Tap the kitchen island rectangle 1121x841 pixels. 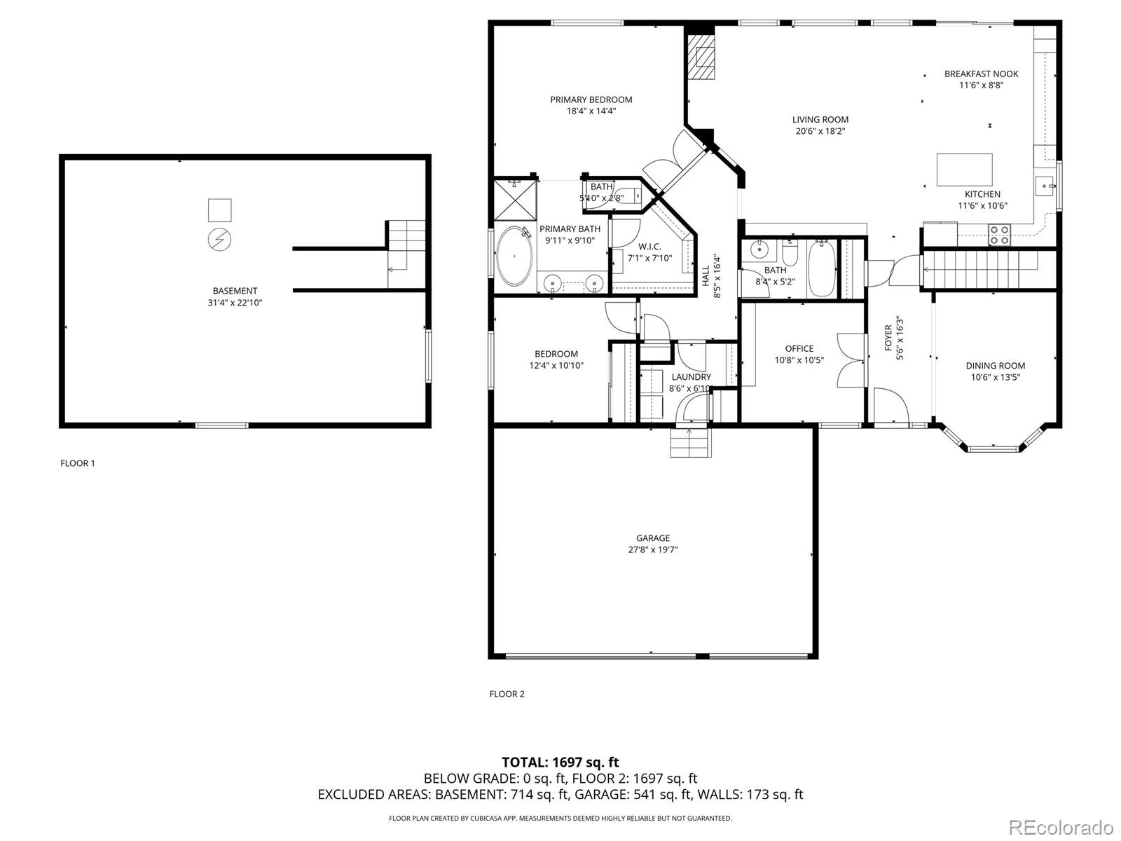point(964,169)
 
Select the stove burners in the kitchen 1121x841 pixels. point(999,234)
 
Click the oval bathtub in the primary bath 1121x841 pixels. point(514,256)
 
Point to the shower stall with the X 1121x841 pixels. point(515,200)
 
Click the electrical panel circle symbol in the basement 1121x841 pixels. point(219,240)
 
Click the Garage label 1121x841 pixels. point(652,538)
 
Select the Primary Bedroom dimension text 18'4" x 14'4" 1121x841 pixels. point(591,111)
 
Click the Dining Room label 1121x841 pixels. point(995,365)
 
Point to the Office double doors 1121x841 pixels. point(849,360)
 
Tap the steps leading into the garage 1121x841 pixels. point(689,442)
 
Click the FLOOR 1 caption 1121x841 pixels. point(78,463)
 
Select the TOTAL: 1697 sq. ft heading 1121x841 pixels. point(560,762)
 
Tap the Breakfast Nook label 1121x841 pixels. point(981,74)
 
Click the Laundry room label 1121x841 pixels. point(691,377)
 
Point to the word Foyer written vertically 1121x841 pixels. point(888,338)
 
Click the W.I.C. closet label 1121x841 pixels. point(649,247)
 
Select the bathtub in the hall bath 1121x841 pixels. point(822,269)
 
